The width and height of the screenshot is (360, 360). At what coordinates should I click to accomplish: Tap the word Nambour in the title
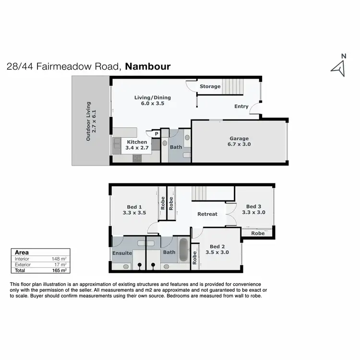[x=147, y=66]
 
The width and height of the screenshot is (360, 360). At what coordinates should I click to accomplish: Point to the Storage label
[x=210, y=87]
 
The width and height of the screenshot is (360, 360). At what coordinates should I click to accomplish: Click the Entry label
[x=241, y=107]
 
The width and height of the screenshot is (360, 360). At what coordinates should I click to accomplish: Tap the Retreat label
[x=207, y=214]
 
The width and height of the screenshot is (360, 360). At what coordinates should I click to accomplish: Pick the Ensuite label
[x=122, y=253]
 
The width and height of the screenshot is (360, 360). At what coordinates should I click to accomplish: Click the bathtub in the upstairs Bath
[x=184, y=250]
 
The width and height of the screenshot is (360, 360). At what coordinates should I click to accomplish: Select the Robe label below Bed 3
[x=258, y=233]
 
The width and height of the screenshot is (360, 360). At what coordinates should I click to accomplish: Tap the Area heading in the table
[x=21, y=252]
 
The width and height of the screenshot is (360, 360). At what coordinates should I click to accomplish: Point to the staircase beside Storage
[x=233, y=87]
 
